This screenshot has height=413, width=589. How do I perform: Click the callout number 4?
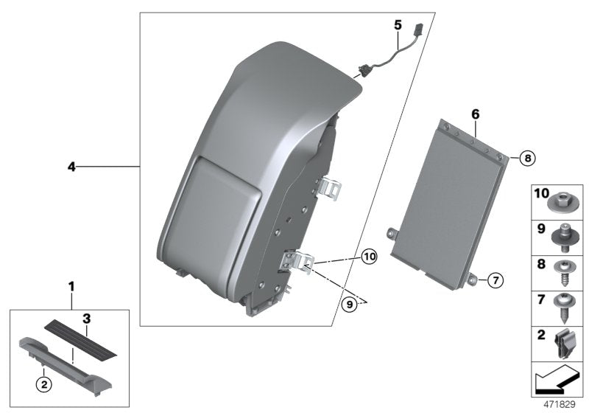pyautogui.click(x=71, y=167)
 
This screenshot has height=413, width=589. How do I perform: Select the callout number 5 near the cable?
pyautogui.click(x=398, y=24)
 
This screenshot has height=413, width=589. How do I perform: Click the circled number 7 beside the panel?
pyautogui.click(x=495, y=280)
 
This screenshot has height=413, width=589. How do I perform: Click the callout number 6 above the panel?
pyautogui.click(x=475, y=114)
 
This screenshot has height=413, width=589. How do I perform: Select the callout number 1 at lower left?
pyautogui.click(x=71, y=285)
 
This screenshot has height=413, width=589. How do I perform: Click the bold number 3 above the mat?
pyautogui.click(x=86, y=319)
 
